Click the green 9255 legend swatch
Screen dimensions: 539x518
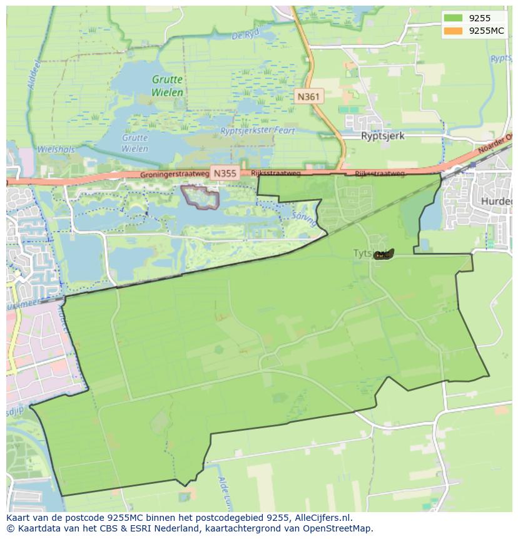pyautogui.click(x=454, y=18)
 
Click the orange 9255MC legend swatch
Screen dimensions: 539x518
pyautogui.click(x=454, y=31)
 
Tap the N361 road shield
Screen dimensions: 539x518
pyautogui.click(x=308, y=96)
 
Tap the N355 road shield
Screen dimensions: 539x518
pyautogui.click(x=225, y=173)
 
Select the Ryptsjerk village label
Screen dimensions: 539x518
pyautogui.click(x=383, y=135)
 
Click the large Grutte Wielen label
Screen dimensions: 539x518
pyautogui.click(x=168, y=86)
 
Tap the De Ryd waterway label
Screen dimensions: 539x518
pyautogui.click(x=245, y=35)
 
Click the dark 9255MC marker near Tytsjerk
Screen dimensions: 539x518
pyautogui.click(x=383, y=254)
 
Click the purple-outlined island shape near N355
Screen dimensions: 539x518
pyautogui.click(x=200, y=197)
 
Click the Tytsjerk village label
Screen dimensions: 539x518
pyautogui.click(x=363, y=253)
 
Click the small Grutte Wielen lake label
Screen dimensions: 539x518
pyautogui.click(x=135, y=143)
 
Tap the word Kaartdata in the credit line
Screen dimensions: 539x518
pyautogui.click(x=35, y=528)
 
